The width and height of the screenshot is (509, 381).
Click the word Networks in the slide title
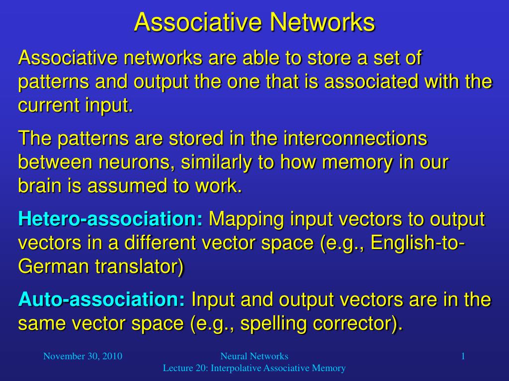[x=322, y=22]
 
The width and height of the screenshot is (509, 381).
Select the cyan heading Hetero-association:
[x=111, y=219]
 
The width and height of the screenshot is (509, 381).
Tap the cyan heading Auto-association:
[x=101, y=299]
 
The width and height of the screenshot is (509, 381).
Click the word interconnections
[x=355, y=138]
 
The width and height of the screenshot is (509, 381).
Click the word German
[x=54, y=266]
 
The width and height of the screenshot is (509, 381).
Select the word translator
[x=140, y=267]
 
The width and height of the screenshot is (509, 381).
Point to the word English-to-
[x=418, y=242]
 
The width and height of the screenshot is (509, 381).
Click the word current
[x=49, y=105]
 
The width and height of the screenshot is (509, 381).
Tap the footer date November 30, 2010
[x=83, y=356]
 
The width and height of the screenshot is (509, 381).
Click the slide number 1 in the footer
[x=463, y=356]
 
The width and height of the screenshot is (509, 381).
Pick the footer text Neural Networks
[x=254, y=356]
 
